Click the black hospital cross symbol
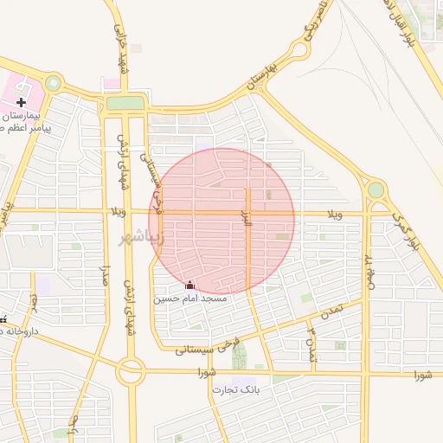21,102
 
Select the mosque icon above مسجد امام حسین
190,286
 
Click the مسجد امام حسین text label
190,299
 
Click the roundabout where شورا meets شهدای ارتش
131,373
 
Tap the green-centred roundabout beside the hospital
54,84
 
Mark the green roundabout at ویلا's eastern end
376,189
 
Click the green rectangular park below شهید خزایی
125,104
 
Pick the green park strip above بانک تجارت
239,355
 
